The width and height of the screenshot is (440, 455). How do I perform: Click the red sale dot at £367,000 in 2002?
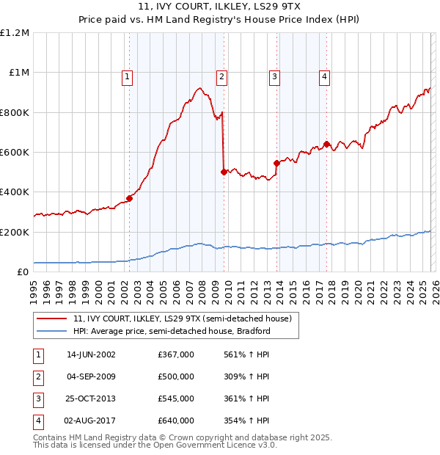click(129, 198)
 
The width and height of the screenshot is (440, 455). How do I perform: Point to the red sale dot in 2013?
click(276, 163)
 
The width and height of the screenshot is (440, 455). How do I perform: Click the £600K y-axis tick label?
click(15, 153)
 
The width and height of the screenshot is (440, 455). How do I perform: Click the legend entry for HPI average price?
click(172, 331)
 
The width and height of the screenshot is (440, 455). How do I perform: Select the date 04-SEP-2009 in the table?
click(91, 376)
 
